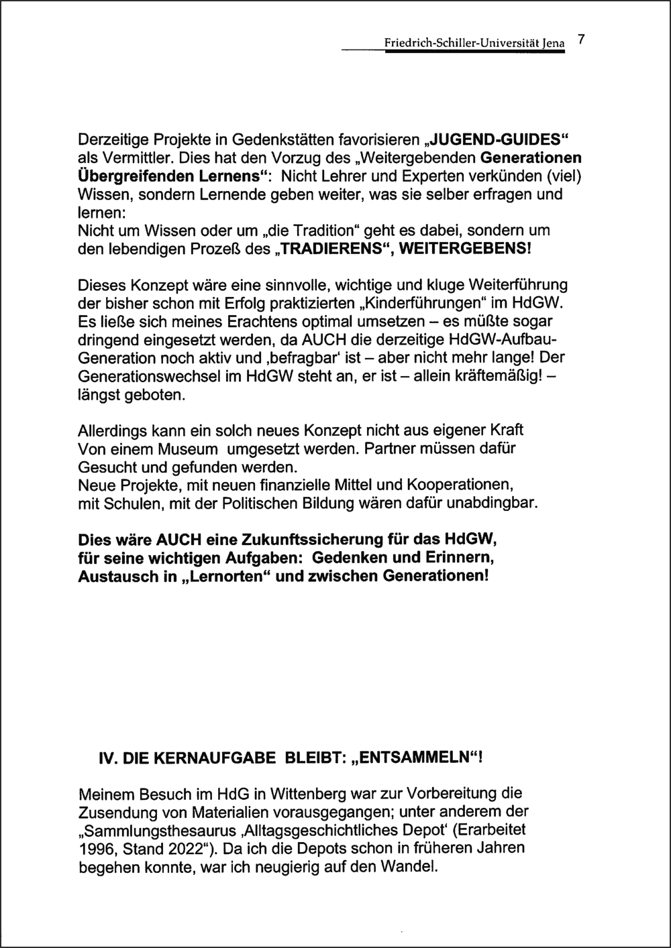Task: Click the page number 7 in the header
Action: click(x=582, y=39)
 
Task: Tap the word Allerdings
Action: click(x=111, y=429)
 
